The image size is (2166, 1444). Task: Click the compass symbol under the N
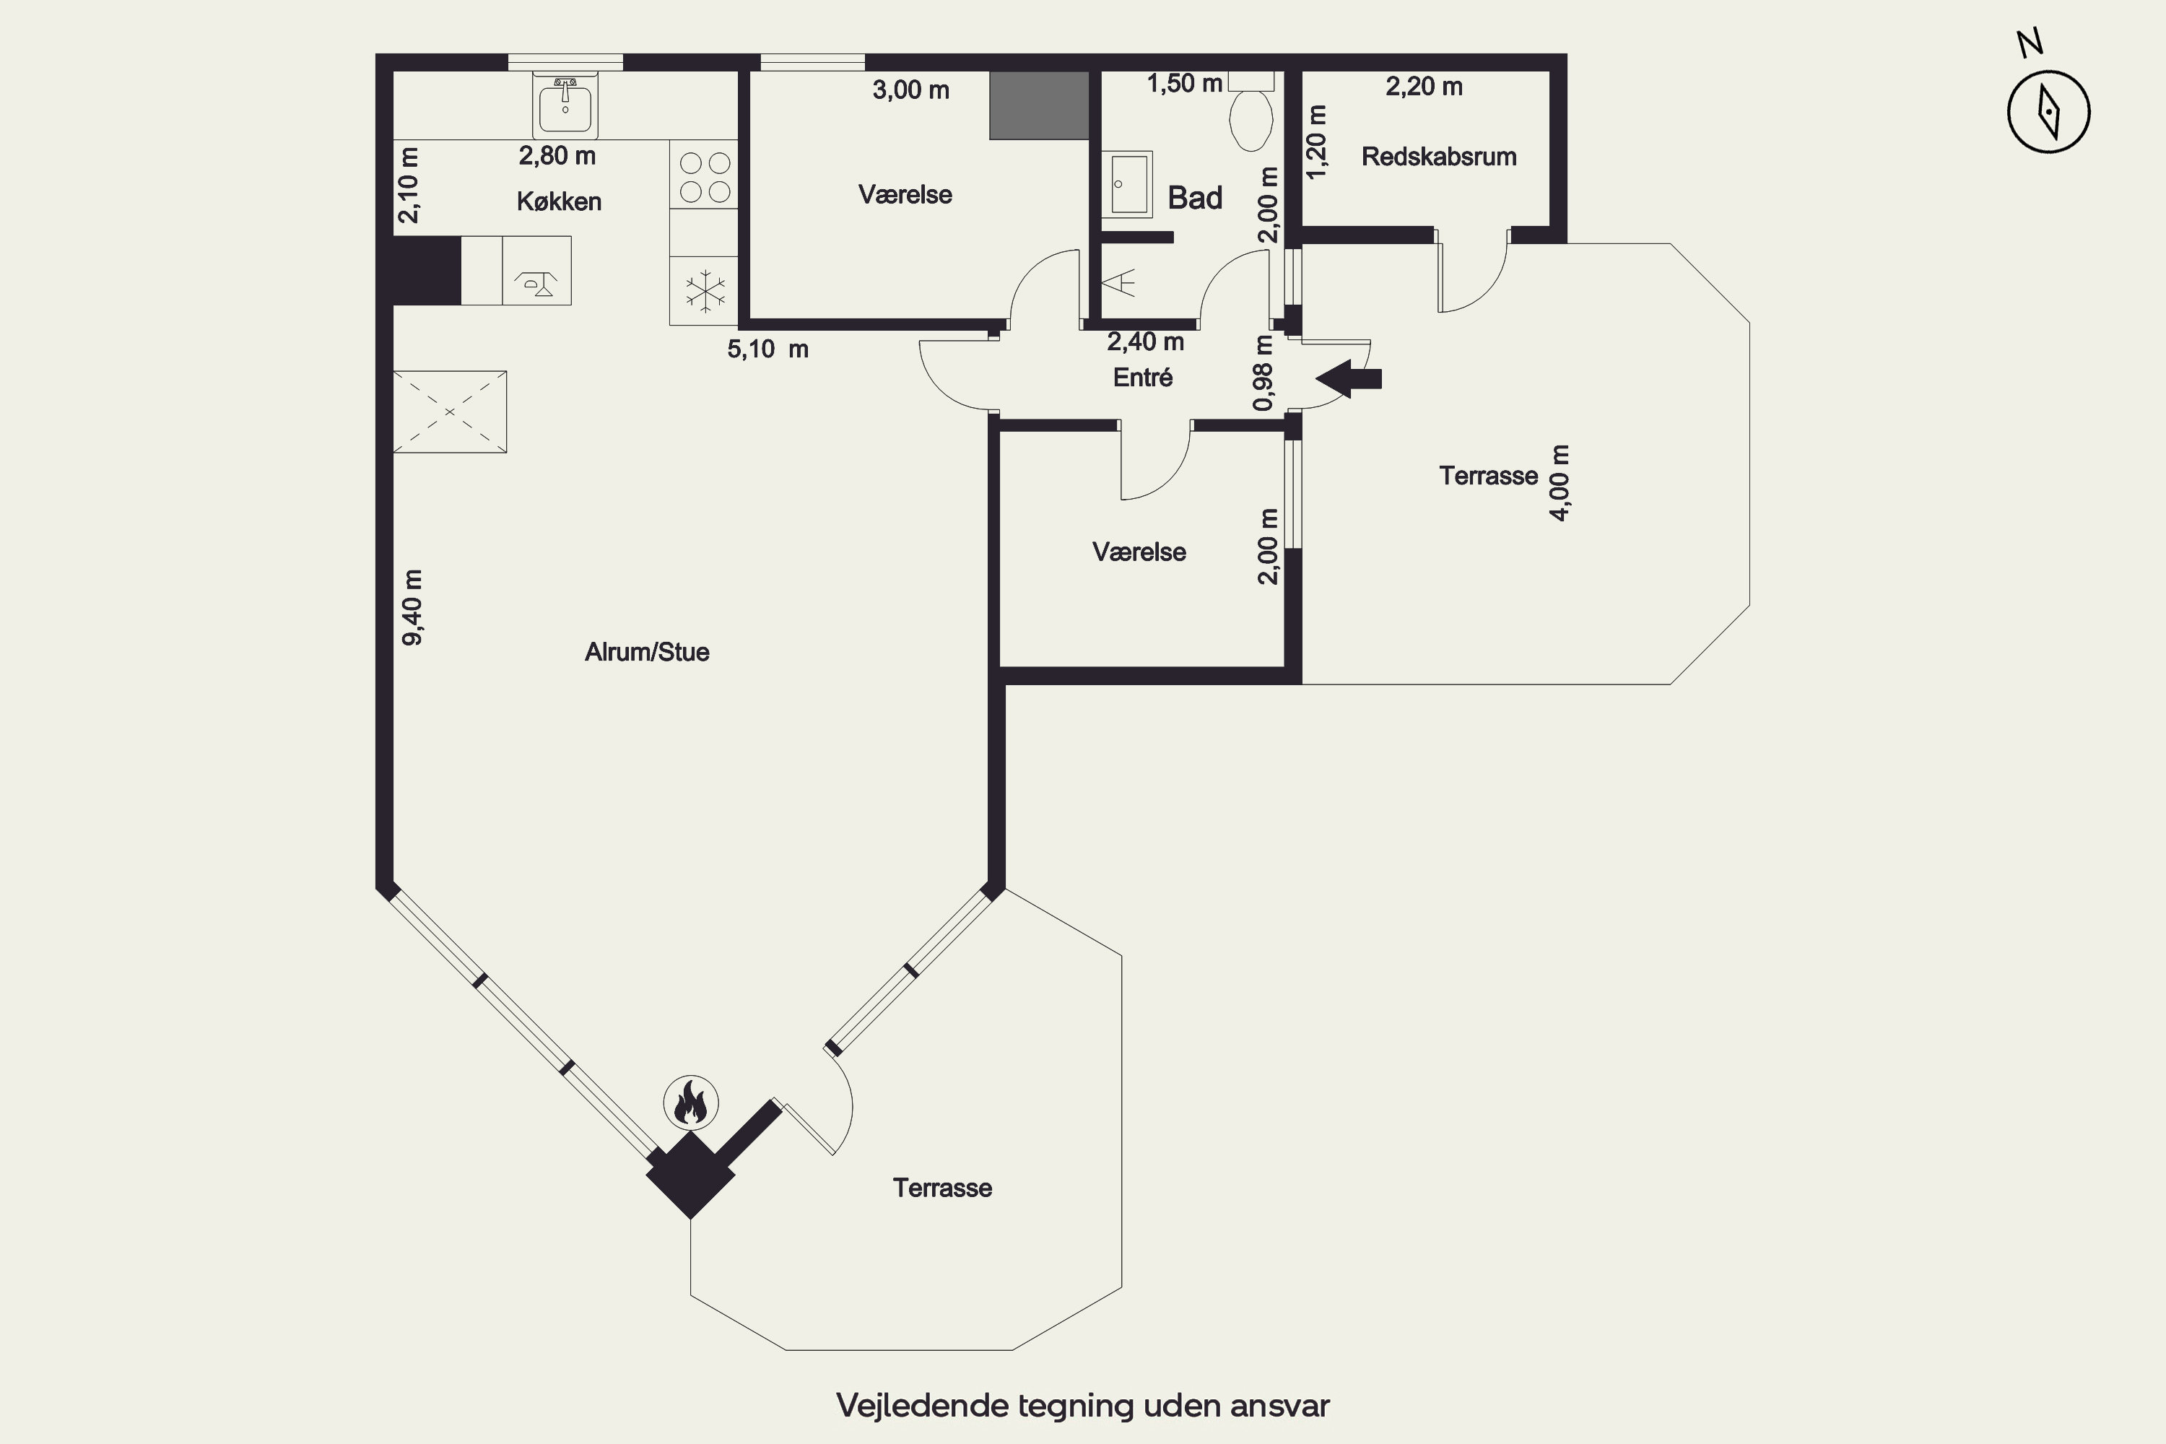coord(2048,111)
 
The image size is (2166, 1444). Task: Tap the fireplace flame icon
coord(691,1102)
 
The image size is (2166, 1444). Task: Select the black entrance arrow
coord(1349,378)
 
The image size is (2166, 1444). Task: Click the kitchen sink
coord(565,107)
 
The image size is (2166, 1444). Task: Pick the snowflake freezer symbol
coord(705,292)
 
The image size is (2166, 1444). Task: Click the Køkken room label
coord(559,201)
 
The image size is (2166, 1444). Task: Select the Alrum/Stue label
coord(646,652)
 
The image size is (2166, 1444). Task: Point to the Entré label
coord(1143,377)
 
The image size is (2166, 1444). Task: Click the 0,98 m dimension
coord(1263,373)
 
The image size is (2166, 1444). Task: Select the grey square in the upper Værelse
coord(1039,105)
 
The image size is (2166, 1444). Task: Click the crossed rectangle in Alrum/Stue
coord(449,412)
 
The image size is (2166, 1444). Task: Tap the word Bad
coord(1196,197)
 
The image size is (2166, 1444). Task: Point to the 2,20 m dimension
coord(1424,87)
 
